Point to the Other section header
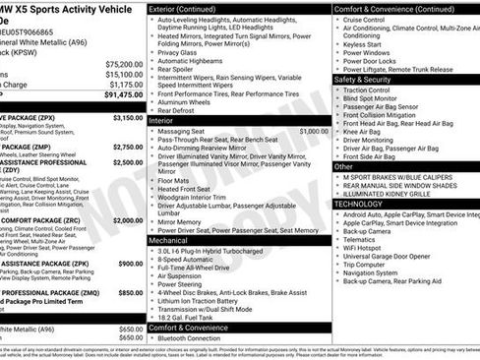344,166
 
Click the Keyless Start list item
371,44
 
